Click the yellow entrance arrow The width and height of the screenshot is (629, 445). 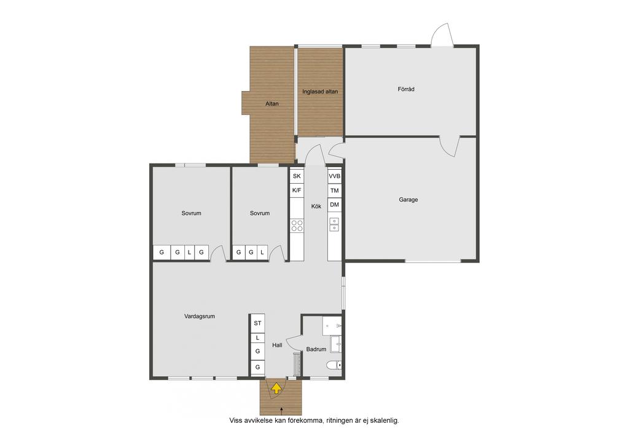(x=276, y=388)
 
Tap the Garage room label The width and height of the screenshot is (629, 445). (x=408, y=199)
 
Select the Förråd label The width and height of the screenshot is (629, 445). (x=406, y=89)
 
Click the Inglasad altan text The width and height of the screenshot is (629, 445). (x=319, y=92)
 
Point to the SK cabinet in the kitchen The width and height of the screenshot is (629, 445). (x=297, y=176)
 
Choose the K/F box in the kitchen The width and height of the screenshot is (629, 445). (x=297, y=190)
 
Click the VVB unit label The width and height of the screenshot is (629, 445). (x=334, y=176)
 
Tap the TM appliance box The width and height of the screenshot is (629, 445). (x=334, y=191)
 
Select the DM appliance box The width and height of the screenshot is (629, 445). (x=334, y=205)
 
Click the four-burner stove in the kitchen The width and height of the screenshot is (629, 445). (x=297, y=226)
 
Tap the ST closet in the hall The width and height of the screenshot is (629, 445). (x=257, y=323)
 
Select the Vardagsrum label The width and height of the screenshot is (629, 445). (x=200, y=316)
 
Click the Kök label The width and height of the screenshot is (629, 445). (x=316, y=207)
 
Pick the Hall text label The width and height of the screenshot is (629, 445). (x=277, y=345)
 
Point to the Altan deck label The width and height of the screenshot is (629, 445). (x=272, y=103)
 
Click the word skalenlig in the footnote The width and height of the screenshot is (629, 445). (x=385, y=420)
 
